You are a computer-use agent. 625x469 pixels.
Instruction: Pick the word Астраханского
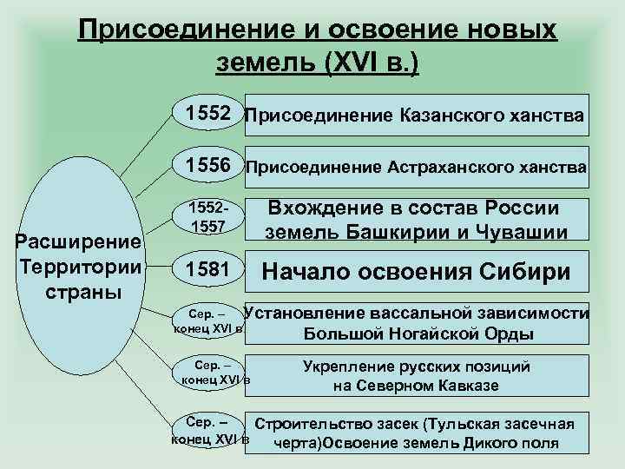460,168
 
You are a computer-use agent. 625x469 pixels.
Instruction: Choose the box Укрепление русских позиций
416,376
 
